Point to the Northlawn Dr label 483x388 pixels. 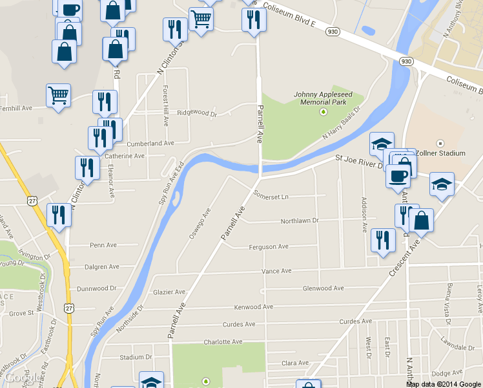(300, 221)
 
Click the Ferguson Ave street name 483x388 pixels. (269, 247)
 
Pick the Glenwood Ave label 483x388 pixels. (323, 288)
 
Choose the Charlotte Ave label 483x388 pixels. (223, 341)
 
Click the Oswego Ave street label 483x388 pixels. (200, 224)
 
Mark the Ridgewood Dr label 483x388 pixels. (197, 113)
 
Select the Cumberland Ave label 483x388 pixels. (150, 143)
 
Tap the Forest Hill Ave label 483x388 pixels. (166, 105)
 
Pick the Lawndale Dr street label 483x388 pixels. (458, 339)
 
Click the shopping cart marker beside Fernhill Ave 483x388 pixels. (58, 96)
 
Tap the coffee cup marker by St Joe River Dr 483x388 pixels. (398, 175)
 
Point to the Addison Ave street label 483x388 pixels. (364, 215)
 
